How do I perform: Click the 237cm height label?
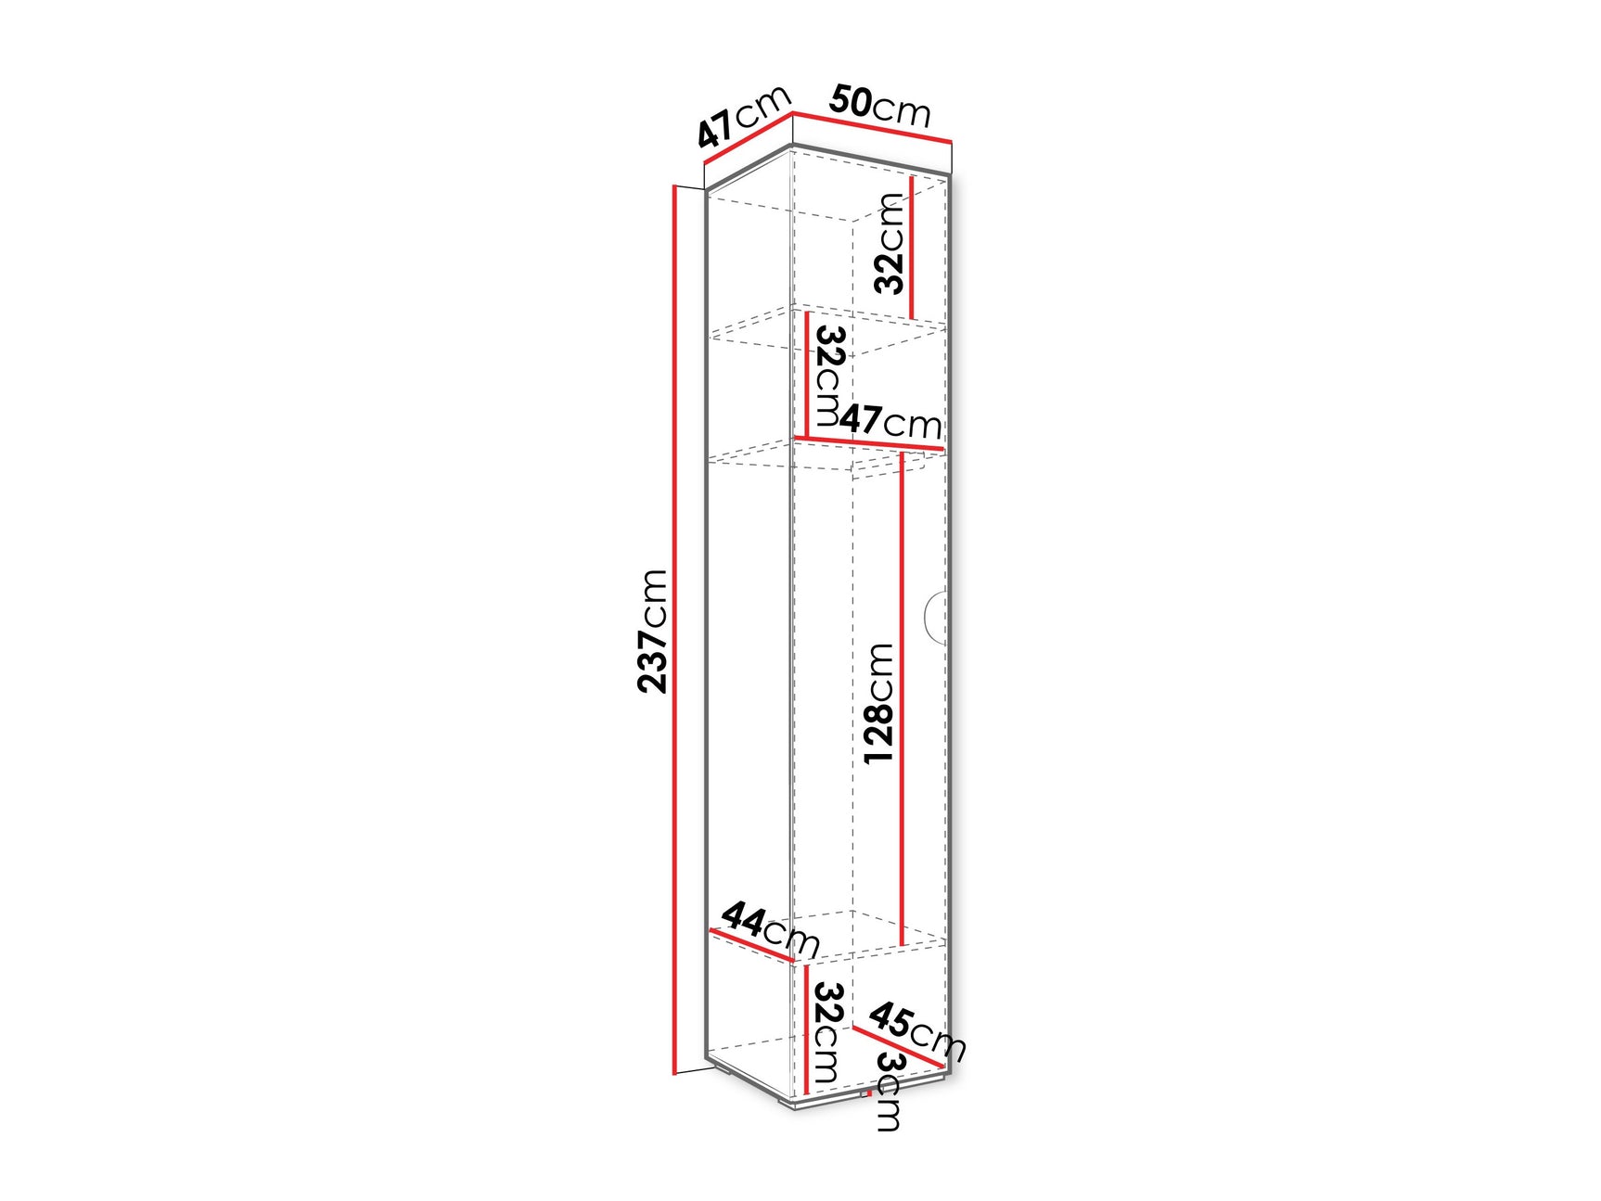click(653, 631)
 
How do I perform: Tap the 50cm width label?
click(879, 105)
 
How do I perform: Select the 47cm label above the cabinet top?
click(745, 116)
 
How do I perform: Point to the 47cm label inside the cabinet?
click(890, 421)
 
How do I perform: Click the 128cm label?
click(878, 703)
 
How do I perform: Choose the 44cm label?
click(770, 928)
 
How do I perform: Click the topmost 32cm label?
click(890, 243)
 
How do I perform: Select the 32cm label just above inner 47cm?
click(828, 374)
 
